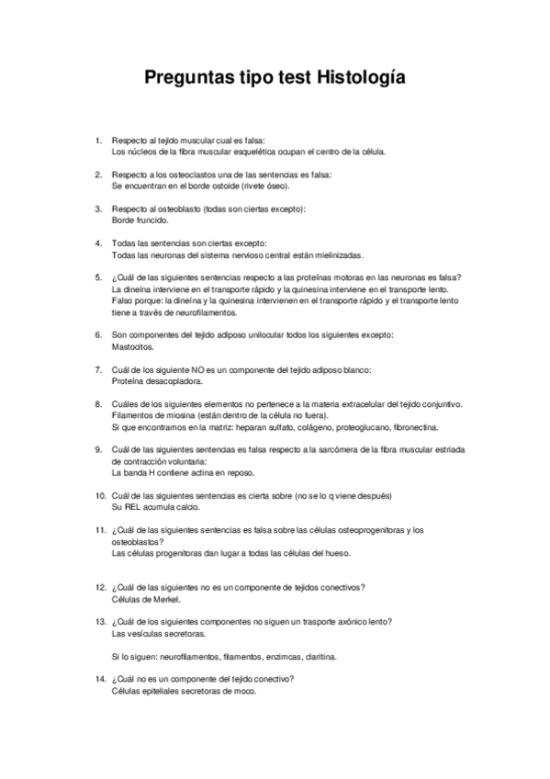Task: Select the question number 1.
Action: tap(99, 140)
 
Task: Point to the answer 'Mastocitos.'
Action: tap(133, 346)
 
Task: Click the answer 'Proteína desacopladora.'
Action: tap(157, 380)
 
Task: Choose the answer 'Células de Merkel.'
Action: tap(145, 598)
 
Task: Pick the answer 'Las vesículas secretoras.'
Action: tap(158, 634)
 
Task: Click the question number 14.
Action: tap(101, 679)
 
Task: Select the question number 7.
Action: tap(99, 369)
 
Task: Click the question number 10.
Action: tap(101, 495)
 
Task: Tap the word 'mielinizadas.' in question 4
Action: tap(334, 254)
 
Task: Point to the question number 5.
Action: tap(99, 277)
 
